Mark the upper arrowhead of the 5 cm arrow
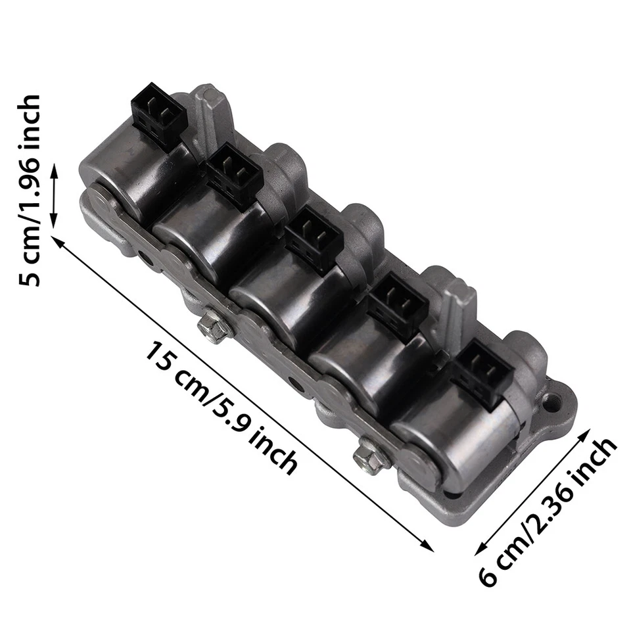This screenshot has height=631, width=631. [55, 170]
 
